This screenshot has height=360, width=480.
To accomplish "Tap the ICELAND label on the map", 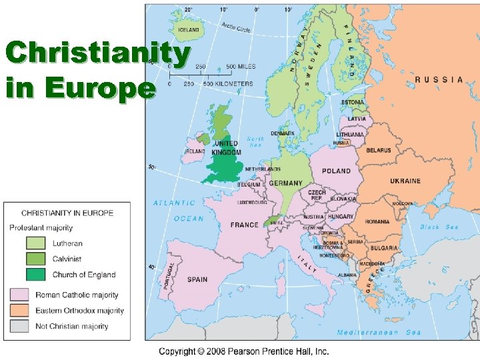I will coord(188,29).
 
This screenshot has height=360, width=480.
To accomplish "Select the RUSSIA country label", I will coord(439,80).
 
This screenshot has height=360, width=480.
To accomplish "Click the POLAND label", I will coord(336,171).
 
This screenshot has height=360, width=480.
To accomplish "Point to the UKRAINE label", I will coord(405,181).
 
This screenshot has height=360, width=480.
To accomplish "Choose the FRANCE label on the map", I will coord(244,225).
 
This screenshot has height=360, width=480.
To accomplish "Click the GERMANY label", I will coord(285,183).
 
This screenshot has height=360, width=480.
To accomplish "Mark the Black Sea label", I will coord(439,227).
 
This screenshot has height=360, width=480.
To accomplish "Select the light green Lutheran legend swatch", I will coord(36,243).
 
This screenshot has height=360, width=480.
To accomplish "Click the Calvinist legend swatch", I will coord(36,259).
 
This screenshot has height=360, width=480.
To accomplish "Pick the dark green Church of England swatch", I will coord(36,275).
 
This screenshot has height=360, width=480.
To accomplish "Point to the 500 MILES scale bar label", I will coord(240,67).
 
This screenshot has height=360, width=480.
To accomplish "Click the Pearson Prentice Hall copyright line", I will coord(243,351).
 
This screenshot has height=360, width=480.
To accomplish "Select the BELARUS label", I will coord(378,151).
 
